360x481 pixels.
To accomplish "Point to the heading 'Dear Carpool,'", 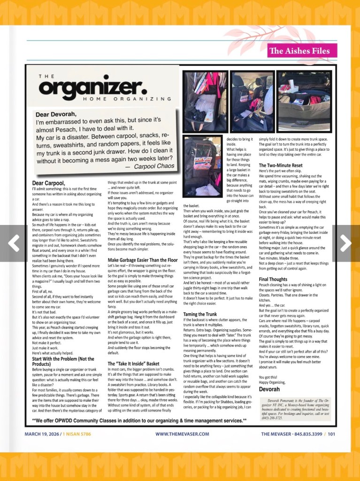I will coord(49,183).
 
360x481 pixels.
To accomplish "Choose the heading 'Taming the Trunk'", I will coord(200,314).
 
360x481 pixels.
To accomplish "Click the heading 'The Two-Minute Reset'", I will coord(282,165).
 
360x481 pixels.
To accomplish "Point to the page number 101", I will coord(331,434).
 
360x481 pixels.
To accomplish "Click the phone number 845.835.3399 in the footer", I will coord(305,434).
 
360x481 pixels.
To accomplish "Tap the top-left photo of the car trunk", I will coord(205,101).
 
